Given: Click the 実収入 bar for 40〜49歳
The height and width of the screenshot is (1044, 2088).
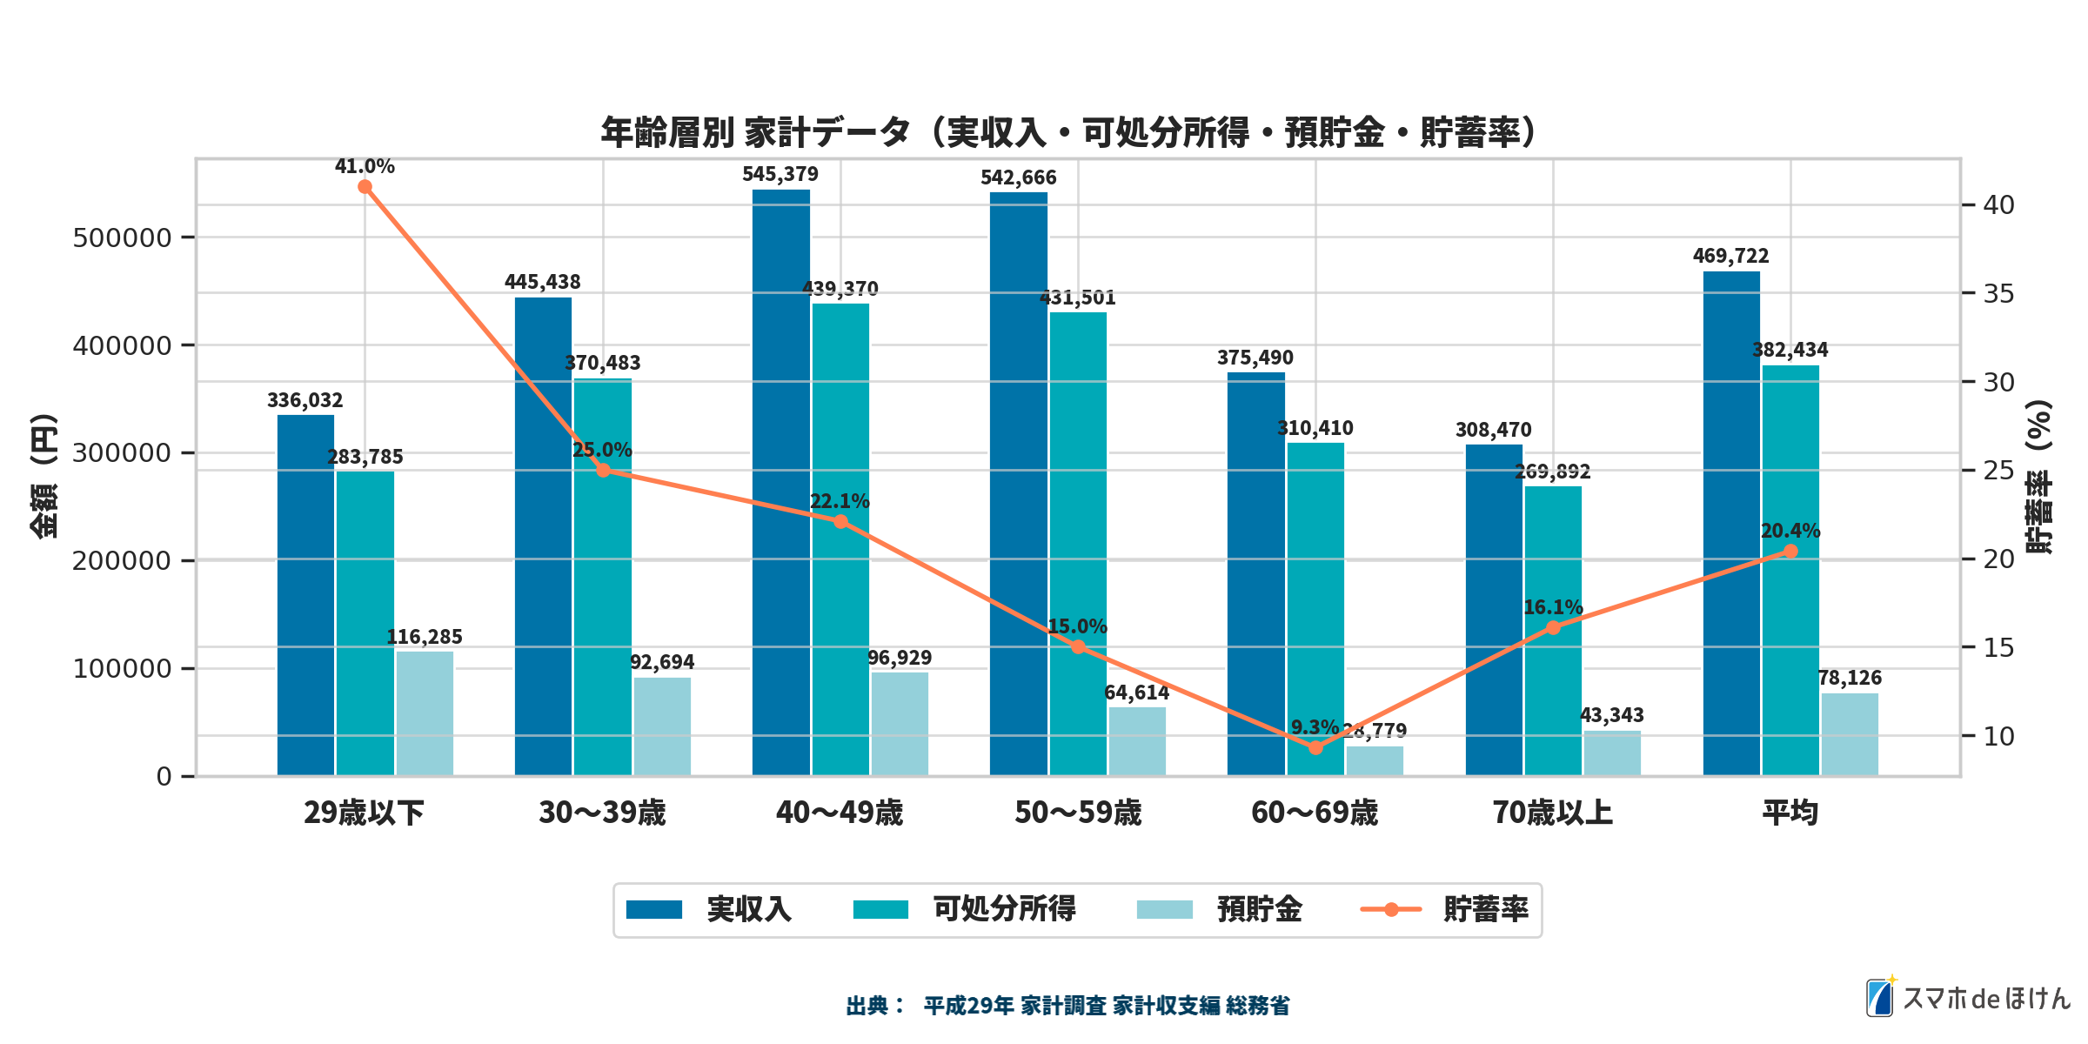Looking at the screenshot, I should point(780,483).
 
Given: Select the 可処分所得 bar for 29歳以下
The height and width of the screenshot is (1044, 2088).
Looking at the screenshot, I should point(365,623).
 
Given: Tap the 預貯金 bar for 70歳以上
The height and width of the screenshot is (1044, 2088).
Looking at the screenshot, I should point(1612,753).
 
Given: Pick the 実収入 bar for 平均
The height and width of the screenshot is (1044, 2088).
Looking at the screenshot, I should point(1731,523).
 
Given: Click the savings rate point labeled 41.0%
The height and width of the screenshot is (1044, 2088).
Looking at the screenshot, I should point(365,187).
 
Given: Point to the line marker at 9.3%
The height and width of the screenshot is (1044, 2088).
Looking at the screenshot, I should point(1315,747).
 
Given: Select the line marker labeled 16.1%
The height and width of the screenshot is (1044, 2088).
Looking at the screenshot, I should point(1553,627).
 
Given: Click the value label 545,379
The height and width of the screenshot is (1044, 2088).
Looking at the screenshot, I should point(780,175).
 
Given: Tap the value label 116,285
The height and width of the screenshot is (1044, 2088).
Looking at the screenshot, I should point(425,637).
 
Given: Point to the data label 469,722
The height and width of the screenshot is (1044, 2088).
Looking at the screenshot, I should point(1730,256).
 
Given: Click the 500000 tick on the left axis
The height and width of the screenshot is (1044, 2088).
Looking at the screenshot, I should point(122,238).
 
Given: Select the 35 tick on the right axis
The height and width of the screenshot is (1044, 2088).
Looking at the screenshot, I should point(1998,294).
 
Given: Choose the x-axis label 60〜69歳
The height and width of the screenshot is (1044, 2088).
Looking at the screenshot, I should point(1315,813).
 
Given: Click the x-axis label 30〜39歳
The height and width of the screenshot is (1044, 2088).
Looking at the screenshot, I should point(602,813).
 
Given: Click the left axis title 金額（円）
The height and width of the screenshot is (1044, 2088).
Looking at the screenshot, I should point(43,475).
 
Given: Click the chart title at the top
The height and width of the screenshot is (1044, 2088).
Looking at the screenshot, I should point(1068,132).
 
